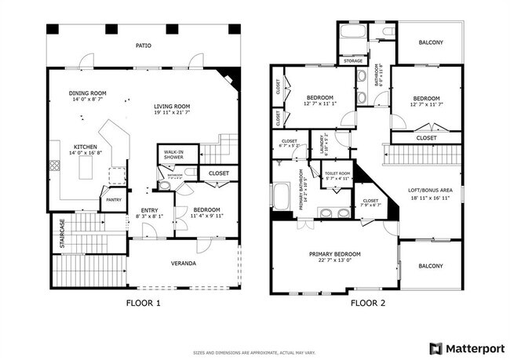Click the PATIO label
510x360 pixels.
point(143,45)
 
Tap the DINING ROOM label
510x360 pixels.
point(89,93)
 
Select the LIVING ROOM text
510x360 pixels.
point(172,106)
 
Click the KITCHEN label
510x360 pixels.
point(86,147)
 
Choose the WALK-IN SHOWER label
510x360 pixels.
point(174,155)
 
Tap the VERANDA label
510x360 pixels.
point(184,263)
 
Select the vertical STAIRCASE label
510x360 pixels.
point(62,235)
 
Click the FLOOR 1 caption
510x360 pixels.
point(144,302)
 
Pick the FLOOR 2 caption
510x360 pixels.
point(367,302)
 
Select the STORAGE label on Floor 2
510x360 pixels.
point(352,60)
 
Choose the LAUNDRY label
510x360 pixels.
point(319,144)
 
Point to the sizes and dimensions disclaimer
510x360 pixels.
point(255,352)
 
